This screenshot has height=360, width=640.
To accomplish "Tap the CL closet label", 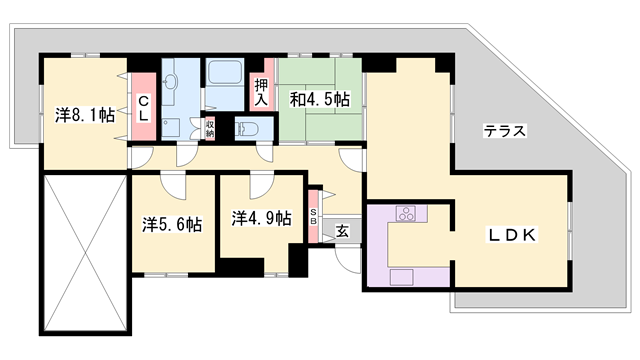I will [x=143, y=108].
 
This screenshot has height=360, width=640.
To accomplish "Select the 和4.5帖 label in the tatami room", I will [x=319, y=99].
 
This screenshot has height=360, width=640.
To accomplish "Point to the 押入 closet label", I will [x=261, y=92].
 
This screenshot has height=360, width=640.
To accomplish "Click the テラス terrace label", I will [x=504, y=131].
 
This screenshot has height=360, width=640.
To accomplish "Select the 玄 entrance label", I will [x=342, y=232].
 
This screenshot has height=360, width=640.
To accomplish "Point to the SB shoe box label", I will [x=314, y=219].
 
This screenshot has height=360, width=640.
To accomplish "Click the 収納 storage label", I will [x=210, y=128].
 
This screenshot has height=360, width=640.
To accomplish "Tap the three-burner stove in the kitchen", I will [x=406, y=213].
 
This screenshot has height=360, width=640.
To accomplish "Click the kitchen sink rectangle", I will [x=402, y=277].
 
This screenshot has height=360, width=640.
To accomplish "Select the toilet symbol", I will [x=250, y=128].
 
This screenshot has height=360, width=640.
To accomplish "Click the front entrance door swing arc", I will [x=348, y=254].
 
